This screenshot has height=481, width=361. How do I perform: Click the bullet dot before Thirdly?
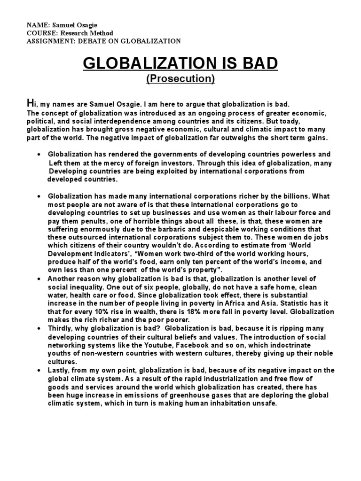click(x=38, y=329)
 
